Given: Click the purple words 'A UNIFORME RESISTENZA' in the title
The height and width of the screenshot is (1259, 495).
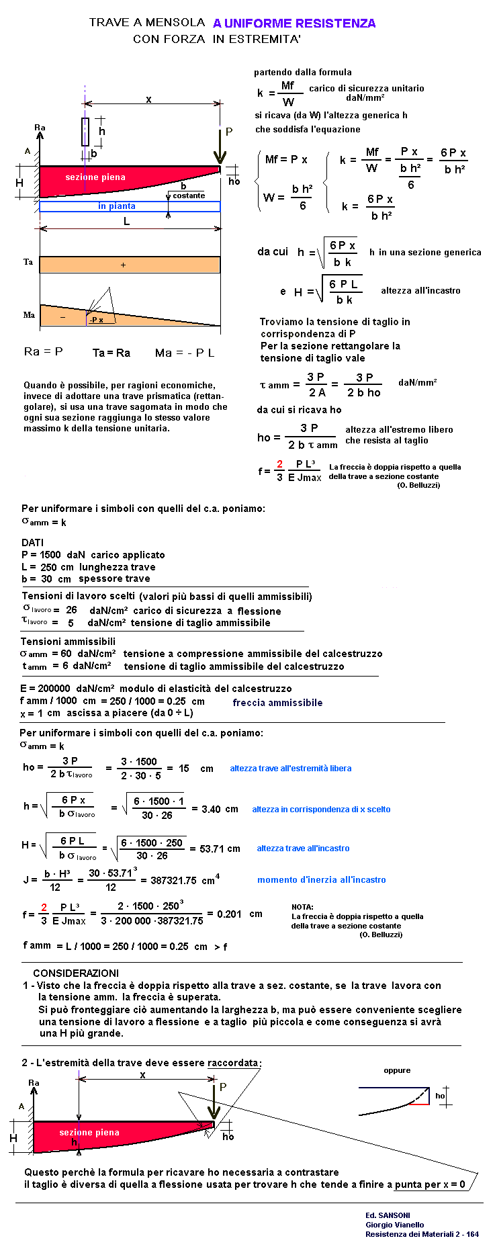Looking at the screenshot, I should pyautogui.click(x=294, y=24).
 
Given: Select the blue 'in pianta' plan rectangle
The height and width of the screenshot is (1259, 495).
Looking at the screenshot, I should pyautogui.click(x=130, y=206).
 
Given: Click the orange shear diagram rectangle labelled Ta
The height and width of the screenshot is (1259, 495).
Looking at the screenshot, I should pyautogui.click(x=130, y=265).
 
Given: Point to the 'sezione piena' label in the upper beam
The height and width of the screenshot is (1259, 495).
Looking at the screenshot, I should pyautogui.click(x=95, y=177).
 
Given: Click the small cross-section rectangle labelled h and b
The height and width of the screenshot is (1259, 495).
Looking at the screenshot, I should pyautogui.click(x=85, y=132).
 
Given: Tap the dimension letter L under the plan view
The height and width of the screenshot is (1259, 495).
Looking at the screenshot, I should pyautogui.click(x=126, y=221).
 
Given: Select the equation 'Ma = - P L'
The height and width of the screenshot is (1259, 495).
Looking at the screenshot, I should pyautogui.click(x=185, y=353).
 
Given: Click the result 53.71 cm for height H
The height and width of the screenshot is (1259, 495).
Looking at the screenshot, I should pyautogui.click(x=220, y=849).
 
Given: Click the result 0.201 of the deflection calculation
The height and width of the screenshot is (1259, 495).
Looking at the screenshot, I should pyautogui.click(x=229, y=914).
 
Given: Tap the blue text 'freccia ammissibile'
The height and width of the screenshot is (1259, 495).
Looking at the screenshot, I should pyautogui.click(x=277, y=703).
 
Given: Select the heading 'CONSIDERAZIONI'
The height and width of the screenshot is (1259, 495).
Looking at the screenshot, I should pyautogui.click(x=76, y=973).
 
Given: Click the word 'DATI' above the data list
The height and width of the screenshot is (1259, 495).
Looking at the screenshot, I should pyautogui.click(x=32, y=542).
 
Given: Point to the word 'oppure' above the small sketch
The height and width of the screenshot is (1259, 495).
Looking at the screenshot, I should pyautogui.click(x=397, y=1070).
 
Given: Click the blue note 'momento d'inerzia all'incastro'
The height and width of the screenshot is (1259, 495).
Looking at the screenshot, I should pyautogui.click(x=321, y=879).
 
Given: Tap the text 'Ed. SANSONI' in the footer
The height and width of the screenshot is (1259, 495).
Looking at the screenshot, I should pyautogui.click(x=388, y=1215).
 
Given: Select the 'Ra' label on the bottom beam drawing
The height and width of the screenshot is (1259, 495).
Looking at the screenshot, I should pyautogui.click(x=34, y=1082).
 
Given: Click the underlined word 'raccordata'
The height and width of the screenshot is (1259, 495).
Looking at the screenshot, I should pyautogui.click(x=232, y=1063).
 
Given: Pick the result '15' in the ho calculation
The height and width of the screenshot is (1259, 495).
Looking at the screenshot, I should pyautogui.click(x=184, y=768).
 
